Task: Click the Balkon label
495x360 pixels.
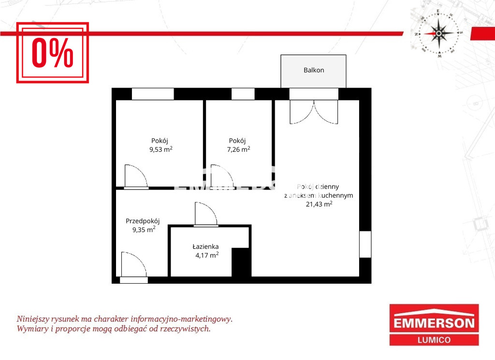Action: point(314,70)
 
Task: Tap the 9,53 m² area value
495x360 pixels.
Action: point(161,149)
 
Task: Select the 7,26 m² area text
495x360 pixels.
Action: point(239,149)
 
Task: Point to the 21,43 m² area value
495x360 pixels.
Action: point(319,204)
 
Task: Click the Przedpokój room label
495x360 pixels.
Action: point(143,221)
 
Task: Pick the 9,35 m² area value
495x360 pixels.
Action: point(144,230)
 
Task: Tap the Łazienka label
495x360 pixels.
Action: point(205,246)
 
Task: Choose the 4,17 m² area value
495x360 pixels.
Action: point(207,255)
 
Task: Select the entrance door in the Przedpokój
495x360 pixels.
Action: point(134,267)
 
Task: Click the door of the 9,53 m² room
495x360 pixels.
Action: point(136,177)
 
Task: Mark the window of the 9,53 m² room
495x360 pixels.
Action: point(153,94)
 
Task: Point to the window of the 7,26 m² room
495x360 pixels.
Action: point(243,94)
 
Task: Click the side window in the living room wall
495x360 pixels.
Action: point(365,244)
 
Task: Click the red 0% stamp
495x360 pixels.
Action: point(52,52)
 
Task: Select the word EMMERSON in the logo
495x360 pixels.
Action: point(434,323)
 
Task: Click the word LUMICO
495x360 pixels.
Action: point(434,340)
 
